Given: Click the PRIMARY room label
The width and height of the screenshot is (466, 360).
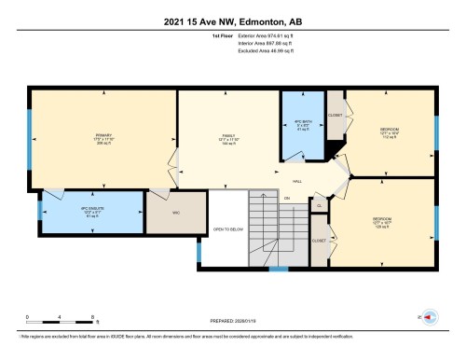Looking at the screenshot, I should coord(103,135).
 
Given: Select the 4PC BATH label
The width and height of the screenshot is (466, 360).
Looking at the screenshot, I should coord(300,124).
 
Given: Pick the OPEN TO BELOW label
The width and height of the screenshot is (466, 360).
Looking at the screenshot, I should coord(227,229).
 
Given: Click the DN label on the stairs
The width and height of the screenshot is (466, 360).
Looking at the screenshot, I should coord(287,200).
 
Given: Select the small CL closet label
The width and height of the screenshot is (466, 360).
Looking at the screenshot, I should coord(319,204).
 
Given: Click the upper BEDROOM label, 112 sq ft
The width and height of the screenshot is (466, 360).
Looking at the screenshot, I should coord(389,128).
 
